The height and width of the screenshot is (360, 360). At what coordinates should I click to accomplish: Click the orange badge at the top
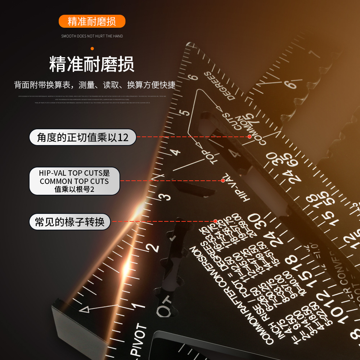92,21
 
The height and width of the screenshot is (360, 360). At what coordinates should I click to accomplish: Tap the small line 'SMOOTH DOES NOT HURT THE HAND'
92,36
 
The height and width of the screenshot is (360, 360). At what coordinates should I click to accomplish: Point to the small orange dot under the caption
92,48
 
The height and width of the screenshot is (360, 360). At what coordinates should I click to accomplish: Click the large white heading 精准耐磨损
92,64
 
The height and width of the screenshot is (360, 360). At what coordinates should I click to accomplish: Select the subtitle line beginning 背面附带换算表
95,85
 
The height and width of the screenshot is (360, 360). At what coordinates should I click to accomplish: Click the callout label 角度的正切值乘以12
83,137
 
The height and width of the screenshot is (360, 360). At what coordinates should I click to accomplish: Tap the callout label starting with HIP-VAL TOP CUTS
74,181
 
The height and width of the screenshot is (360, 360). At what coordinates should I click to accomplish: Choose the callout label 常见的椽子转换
69,221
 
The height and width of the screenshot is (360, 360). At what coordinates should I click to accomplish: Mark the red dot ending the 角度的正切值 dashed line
249,137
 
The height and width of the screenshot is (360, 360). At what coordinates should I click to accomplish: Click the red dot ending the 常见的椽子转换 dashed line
215,221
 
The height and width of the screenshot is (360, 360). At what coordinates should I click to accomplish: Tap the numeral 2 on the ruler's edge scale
154,247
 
